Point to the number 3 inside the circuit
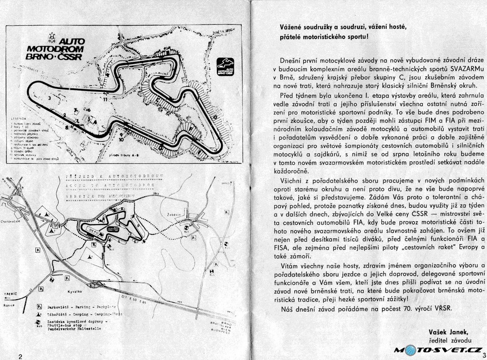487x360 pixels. pos(49,97)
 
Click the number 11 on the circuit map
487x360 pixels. pos(104,100)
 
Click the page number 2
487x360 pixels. pos(20,356)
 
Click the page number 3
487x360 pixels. pos(484,355)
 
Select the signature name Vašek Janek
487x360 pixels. pos(448,331)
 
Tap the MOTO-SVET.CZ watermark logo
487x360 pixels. pos(438,350)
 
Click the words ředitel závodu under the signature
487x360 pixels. pos(451,340)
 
